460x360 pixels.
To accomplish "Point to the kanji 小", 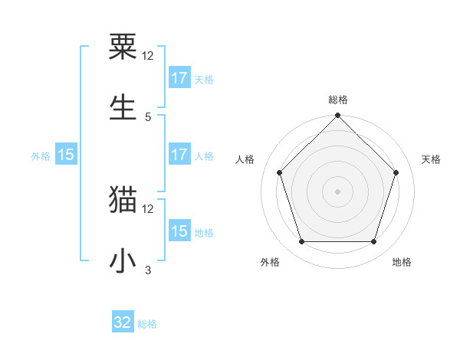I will [124, 260].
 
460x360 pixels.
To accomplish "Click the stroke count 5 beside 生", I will [148, 116].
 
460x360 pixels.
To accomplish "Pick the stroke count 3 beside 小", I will [148, 270].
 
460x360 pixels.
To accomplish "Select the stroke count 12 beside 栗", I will [148, 57].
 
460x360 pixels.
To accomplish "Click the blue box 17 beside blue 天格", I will [179, 78].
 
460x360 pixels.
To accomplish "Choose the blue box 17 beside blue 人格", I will [179, 155].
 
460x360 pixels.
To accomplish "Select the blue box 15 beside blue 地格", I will [179, 231].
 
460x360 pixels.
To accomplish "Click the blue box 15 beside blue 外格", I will [66, 155].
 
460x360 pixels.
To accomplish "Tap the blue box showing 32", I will [123, 322].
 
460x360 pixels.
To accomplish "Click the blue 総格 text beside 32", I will [147, 324].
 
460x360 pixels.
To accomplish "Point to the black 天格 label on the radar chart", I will [431, 159].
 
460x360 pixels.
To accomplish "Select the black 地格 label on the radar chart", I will [402, 262].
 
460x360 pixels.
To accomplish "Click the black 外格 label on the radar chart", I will [270, 262].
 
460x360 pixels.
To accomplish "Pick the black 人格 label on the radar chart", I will [245, 159].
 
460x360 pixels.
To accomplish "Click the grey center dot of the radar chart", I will [337, 191].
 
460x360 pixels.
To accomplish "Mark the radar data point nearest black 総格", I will [337, 116].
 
